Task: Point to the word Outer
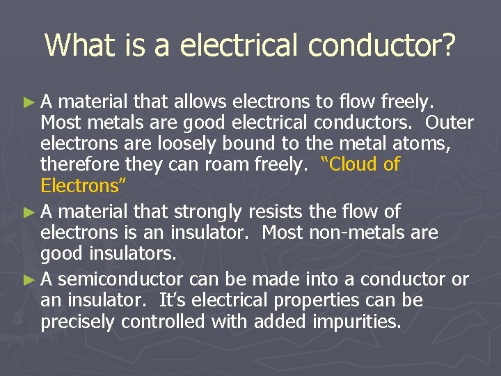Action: [450, 123]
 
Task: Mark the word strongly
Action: [209, 211]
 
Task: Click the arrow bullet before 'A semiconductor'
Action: [28, 280]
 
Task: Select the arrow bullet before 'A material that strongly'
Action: [28, 211]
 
